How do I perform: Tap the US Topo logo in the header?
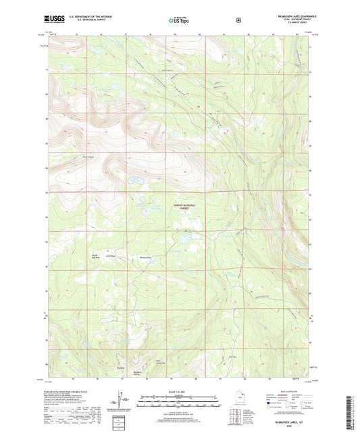(179, 21)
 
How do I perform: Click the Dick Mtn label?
(233, 357)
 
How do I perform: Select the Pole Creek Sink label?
(160, 362)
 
